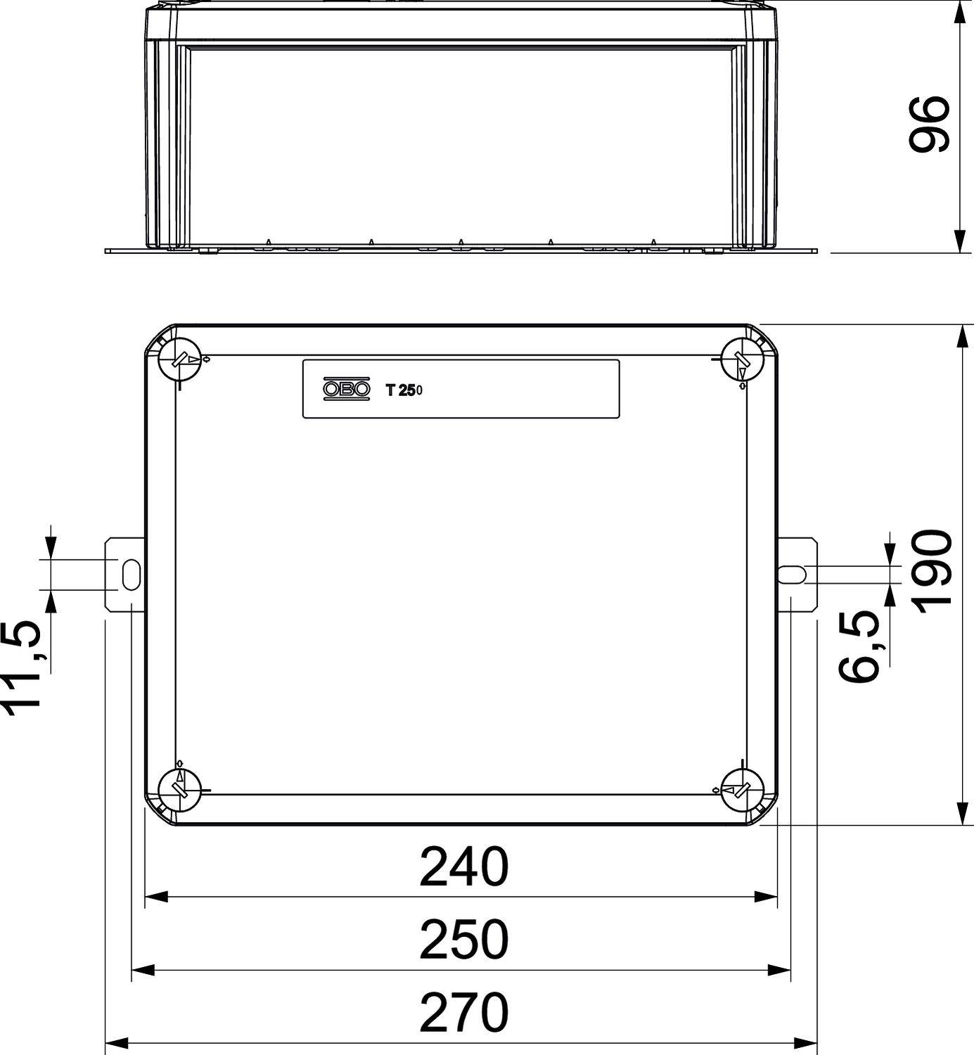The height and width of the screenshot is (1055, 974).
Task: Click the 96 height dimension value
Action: tap(929, 124)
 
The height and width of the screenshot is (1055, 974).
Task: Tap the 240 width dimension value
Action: tap(463, 867)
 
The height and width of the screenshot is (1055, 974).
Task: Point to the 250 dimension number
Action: tap(463, 940)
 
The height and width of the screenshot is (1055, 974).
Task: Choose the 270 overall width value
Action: tap(463, 1012)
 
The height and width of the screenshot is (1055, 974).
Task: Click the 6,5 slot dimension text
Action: tap(859, 646)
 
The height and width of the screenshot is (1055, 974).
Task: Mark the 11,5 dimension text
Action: tap(27, 668)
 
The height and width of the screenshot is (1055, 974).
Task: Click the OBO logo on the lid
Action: tap(346, 389)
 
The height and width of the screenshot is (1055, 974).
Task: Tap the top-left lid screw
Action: tap(180, 360)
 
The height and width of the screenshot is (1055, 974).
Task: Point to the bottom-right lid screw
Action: tap(743, 790)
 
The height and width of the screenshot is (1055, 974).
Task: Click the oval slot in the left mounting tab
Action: tap(131, 575)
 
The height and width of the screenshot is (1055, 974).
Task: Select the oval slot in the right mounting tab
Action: tap(792, 574)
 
